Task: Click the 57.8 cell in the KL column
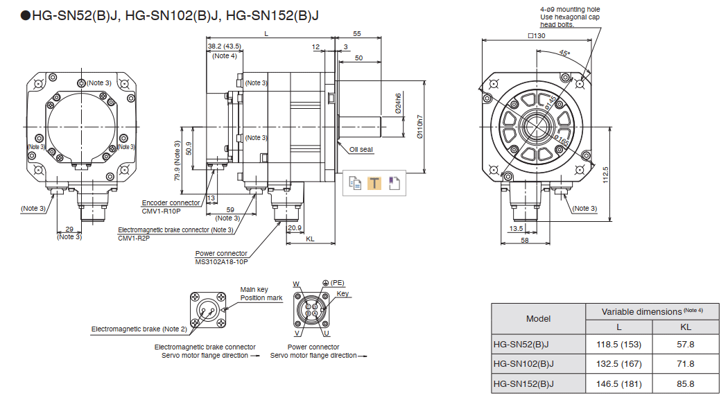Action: click(x=686, y=344)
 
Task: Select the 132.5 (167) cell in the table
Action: click(x=619, y=364)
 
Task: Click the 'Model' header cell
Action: click(x=538, y=319)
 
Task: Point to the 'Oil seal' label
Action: click(x=361, y=149)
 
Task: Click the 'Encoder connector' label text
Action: click(x=171, y=203)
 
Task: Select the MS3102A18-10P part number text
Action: click(x=222, y=261)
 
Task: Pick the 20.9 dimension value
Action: click(x=295, y=227)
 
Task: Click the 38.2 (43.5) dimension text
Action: click(x=224, y=46)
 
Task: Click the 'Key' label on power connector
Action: click(x=343, y=293)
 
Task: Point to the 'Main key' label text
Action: click(x=254, y=290)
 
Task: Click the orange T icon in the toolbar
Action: click(x=374, y=183)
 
